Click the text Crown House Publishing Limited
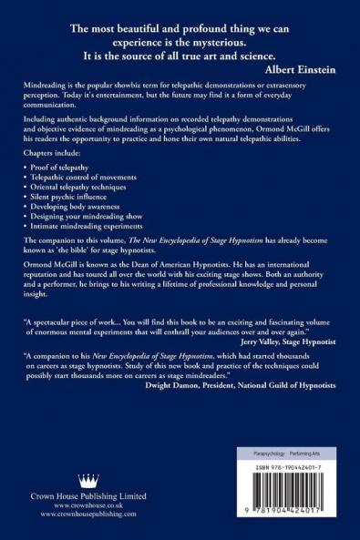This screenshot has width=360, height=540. [88, 502]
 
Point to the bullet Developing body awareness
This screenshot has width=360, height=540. [84, 223]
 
